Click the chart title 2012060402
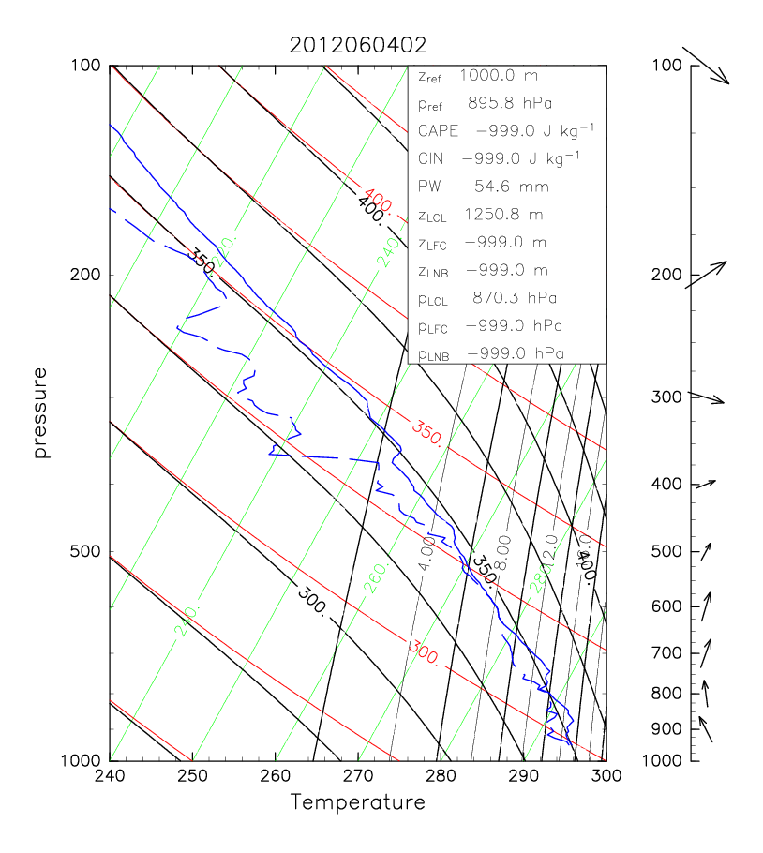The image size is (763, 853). pyautogui.click(x=358, y=45)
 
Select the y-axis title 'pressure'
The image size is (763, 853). pyautogui.click(x=40, y=412)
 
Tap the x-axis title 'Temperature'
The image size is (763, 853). pyautogui.click(x=357, y=803)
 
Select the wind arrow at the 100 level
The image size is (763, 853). pyautogui.click(x=706, y=65)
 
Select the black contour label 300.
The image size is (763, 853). pyautogui.click(x=312, y=601)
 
